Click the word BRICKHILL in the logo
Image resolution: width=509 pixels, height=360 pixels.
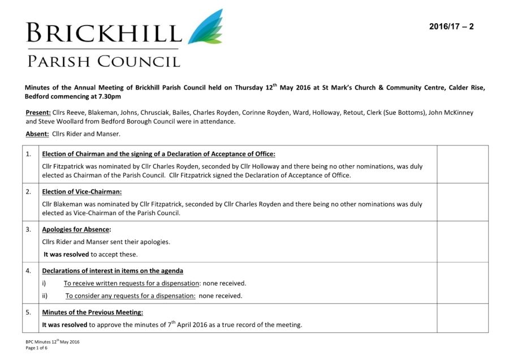pos(103,33)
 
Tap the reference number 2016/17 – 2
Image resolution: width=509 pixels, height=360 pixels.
pos(451,27)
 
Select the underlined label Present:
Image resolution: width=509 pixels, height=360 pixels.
pos(38,113)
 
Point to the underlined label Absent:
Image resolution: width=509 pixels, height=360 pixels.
pos(37,134)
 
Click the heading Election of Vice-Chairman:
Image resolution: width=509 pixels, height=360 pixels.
pos(77,192)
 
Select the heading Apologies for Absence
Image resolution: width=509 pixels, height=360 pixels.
pos(76,229)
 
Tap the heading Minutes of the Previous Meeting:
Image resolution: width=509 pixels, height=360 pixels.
pos(92,312)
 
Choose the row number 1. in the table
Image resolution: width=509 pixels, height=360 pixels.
pos(29,154)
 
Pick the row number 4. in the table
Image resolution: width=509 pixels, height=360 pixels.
pos(29,271)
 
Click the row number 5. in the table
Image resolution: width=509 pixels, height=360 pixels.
pos(29,312)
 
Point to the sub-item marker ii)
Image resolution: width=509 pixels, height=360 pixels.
pos(45,295)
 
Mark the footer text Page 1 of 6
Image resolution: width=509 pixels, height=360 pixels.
pos(37,348)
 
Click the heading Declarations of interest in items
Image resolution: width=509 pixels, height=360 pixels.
pos(112,271)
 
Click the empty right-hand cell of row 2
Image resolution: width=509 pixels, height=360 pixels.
pos(462,202)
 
